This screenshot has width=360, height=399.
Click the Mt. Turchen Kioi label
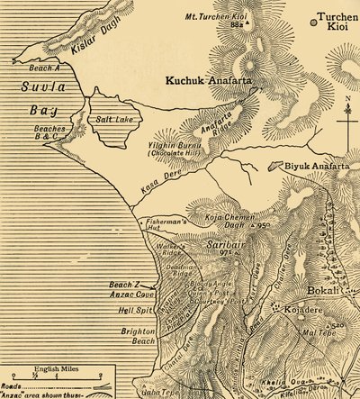[216, 18]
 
